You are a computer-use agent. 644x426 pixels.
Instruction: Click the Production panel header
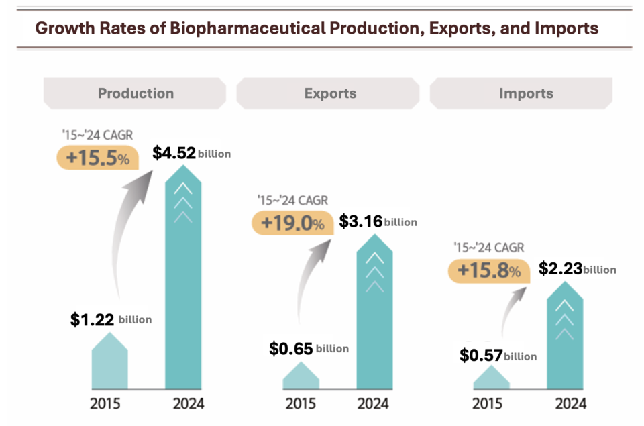(x=136, y=93)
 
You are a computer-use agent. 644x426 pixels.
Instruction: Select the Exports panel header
(x=329, y=93)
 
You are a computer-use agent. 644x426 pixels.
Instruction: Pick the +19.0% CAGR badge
(x=292, y=223)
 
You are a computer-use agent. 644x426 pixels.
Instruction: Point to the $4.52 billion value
(x=191, y=153)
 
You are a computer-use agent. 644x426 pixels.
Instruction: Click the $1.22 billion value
(x=111, y=319)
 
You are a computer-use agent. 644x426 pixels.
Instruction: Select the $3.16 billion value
(x=378, y=221)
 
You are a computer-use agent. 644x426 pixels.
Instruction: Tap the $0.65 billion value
(x=309, y=348)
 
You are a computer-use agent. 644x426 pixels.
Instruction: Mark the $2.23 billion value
(x=577, y=269)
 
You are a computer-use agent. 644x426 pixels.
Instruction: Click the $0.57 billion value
(x=498, y=356)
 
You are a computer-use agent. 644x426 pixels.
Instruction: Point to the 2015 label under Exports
(x=301, y=404)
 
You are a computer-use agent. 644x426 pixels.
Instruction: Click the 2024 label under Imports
(x=570, y=404)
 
